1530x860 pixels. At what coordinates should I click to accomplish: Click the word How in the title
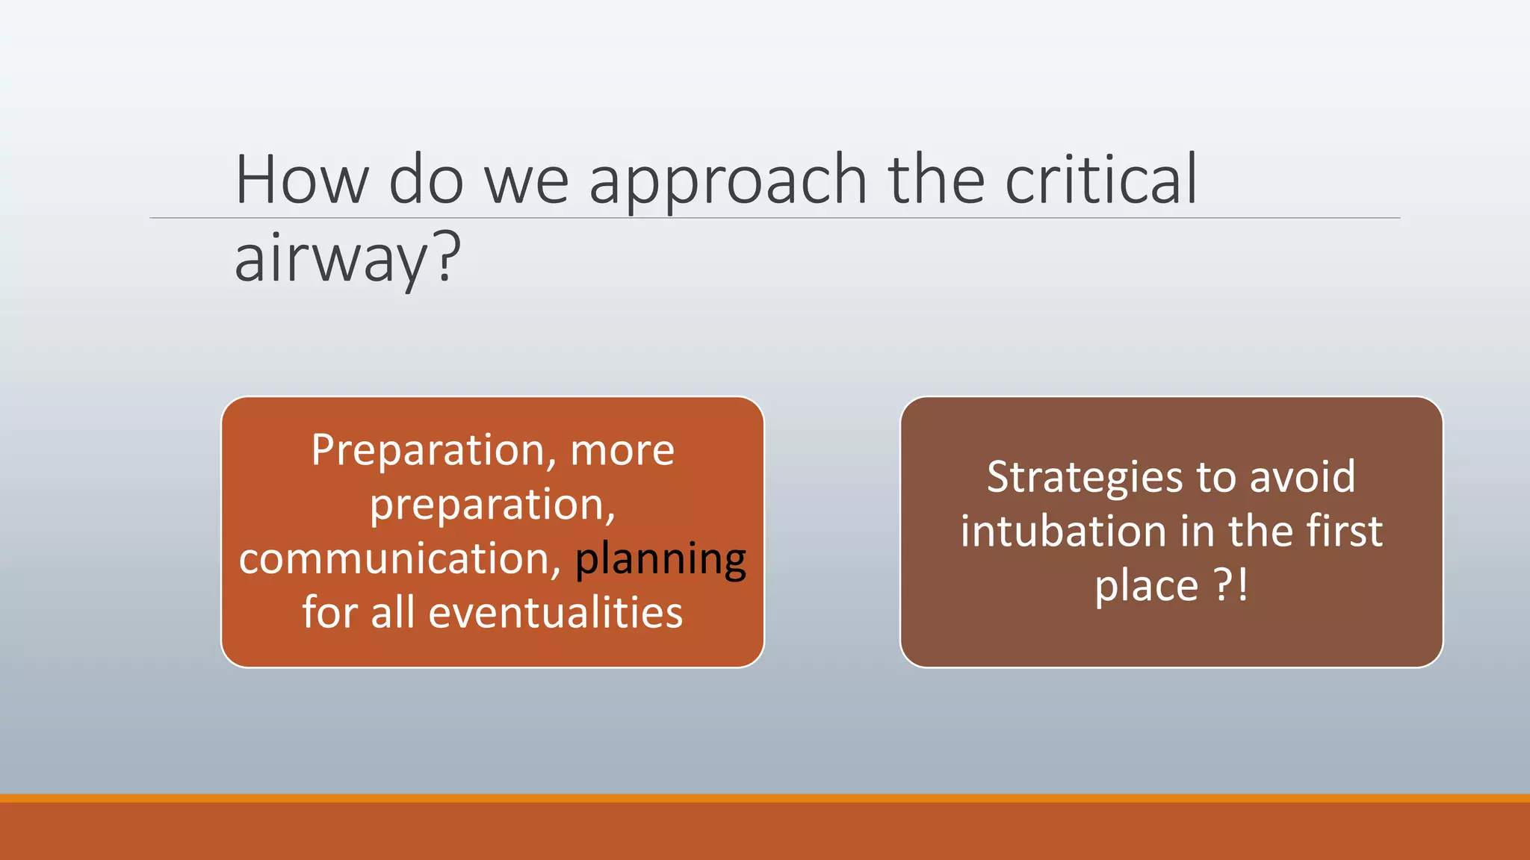[302, 180]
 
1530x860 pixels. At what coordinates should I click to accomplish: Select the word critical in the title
[1101, 180]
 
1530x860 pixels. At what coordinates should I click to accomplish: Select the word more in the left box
[622, 451]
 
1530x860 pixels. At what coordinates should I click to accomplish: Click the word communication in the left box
[400, 559]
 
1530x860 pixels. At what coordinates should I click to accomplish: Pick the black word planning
[660, 560]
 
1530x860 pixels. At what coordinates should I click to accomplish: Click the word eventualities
[555, 613]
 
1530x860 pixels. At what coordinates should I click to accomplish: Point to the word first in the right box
[1344, 532]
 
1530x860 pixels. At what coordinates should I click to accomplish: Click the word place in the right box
[1146, 586]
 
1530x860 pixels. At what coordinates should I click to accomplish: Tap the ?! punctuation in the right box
[1230, 585]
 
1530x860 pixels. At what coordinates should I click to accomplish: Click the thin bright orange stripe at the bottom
[765, 798]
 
